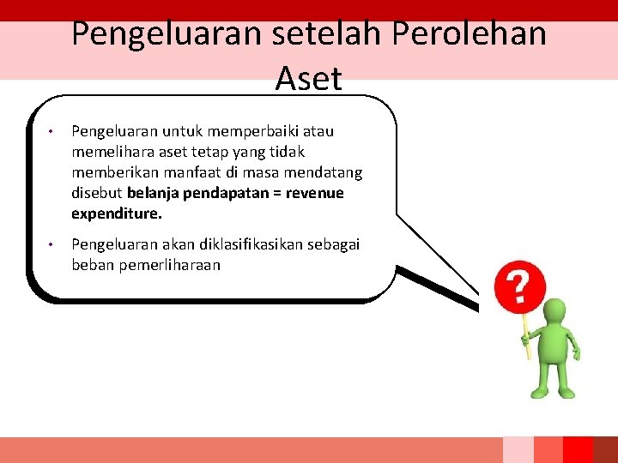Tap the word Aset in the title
(x=309, y=79)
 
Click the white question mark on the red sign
(x=518, y=288)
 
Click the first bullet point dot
(x=52, y=132)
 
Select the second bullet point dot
(x=52, y=245)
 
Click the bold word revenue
(x=314, y=193)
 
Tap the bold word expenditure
(x=117, y=213)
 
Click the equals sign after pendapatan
(x=276, y=193)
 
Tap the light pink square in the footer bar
(x=518, y=449)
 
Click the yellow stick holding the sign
(x=526, y=339)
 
